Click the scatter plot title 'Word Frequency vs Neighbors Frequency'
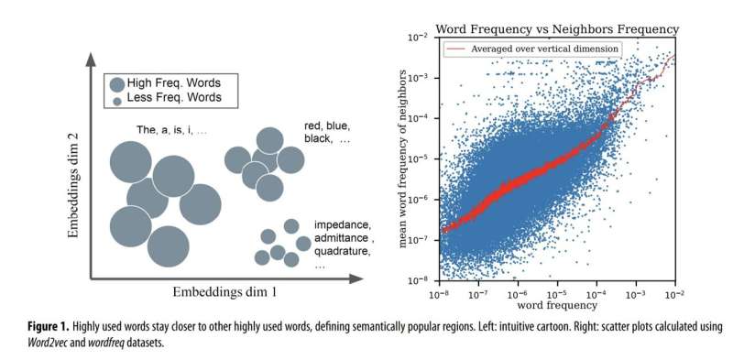coord(557,29)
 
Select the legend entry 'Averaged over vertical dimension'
coord(544,49)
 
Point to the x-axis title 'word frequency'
coord(557,305)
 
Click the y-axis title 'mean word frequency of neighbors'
coord(402,159)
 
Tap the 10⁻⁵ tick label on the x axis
coord(557,295)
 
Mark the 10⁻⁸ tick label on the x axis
coord(439,295)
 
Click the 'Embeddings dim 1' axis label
coord(224,292)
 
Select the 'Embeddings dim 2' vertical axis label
coord(73,185)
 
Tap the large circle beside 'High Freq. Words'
coord(117,84)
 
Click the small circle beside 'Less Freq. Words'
coord(117,101)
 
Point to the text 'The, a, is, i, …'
coord(171,130)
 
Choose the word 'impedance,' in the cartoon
coord(343,224)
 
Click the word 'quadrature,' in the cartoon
coord(343,252)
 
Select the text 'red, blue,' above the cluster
coord(327,126)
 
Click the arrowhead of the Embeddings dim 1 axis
coord(356,279)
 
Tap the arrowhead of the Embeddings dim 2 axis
coord(91,60)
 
